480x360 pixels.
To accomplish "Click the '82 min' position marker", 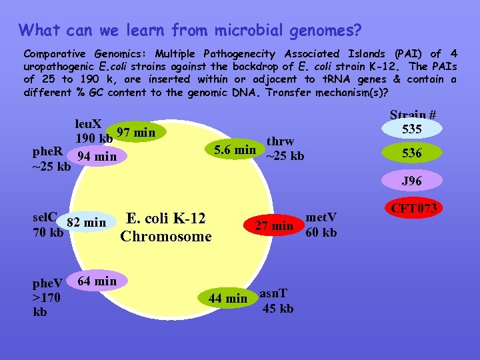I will [86, 222].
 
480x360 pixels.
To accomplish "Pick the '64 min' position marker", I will [97, 281].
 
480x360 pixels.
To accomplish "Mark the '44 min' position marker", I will [227, 298].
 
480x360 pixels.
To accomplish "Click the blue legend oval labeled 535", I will [411, 128].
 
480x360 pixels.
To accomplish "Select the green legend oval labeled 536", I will [411, 153].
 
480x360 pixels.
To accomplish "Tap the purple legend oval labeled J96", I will [411, 181].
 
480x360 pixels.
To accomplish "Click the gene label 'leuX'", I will [88, 124].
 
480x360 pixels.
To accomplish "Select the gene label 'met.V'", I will [321, 217].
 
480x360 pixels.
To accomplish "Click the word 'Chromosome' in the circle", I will [166, 236].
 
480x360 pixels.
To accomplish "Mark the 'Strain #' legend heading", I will [413, 115].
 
